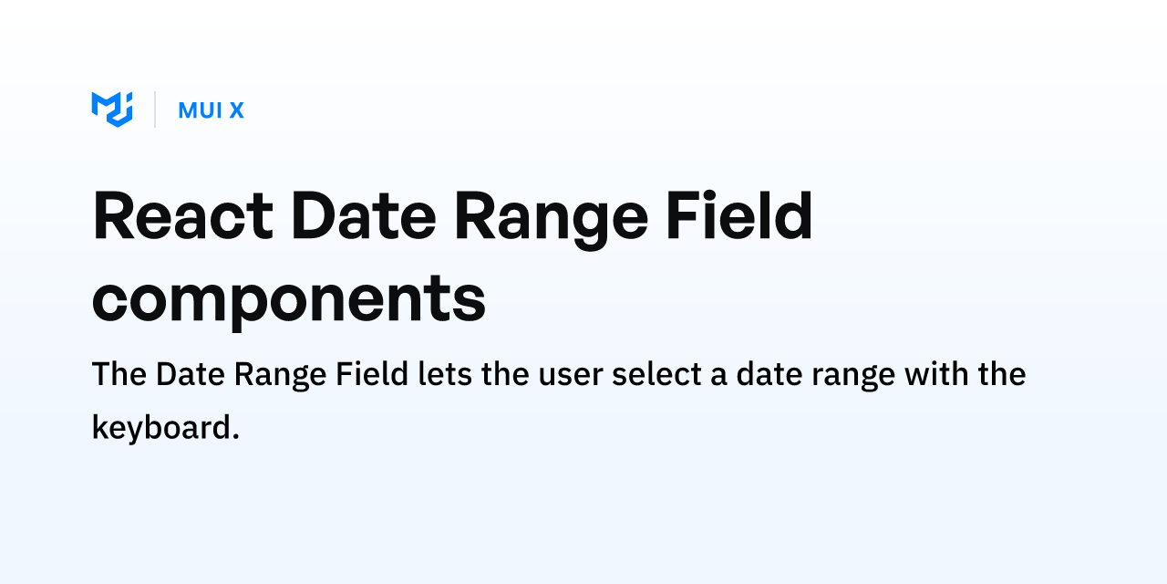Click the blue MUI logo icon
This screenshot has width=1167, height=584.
tap(112, 109)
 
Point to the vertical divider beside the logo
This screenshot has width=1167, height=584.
tap(155, 109)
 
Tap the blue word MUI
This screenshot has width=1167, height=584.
tap(201, 110)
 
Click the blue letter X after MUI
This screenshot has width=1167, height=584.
tap(237, 110)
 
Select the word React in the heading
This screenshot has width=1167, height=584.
tap(183, 215)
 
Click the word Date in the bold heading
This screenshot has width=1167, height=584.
tap(364, 215)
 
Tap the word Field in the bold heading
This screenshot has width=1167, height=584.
tap(739, 214)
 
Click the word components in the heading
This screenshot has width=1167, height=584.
tap(289, 302)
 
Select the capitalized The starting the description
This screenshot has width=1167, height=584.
tap(119, 374)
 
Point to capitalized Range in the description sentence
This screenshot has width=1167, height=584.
tap(280, 376)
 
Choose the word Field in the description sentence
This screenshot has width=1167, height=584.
tap(372, 373)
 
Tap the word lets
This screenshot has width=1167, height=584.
tap(446, 373)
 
